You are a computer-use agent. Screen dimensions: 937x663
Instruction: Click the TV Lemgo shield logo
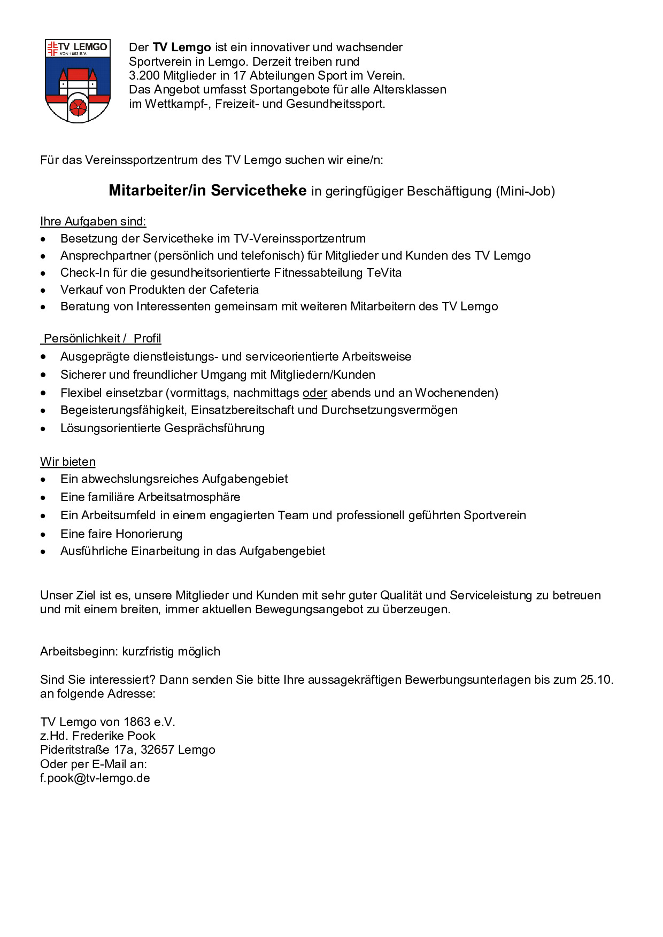(x=78, y=80)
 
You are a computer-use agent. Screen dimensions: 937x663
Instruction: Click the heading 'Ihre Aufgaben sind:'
(x=93, y=222)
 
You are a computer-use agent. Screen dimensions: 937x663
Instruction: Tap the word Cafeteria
(x=234, y=290)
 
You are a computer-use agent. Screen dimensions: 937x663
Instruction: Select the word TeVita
(x=384, y=273)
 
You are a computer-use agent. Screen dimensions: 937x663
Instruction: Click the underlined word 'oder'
(x=314, y=393)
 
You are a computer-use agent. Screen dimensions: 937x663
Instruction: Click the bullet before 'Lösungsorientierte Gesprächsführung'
(x=43, y=429)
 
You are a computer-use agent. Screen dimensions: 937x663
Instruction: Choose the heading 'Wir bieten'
(x=68, y=462)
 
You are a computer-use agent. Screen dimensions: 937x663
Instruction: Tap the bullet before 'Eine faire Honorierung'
(x=43, y=535)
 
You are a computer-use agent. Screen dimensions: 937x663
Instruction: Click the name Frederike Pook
(x=114, y=736)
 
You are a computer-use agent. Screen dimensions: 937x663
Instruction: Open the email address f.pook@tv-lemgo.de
(x=95, y=778)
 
